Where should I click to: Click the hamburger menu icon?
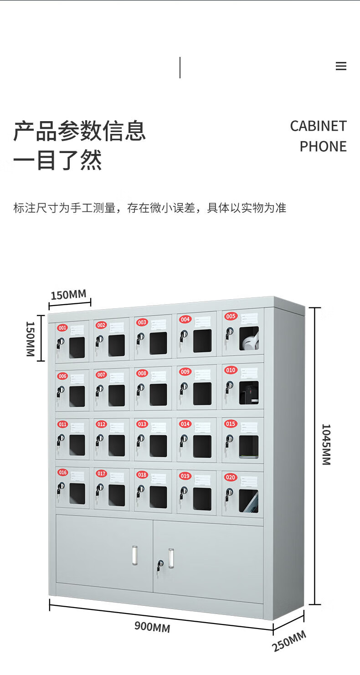click(341, 66)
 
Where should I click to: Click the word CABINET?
click(318, 126)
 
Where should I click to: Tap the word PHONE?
click(323, 147)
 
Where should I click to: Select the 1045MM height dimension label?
click(326, 445)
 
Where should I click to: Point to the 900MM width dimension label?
click(152, 627)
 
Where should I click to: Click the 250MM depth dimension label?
click(289, 641)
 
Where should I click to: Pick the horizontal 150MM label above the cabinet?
click(68, 295)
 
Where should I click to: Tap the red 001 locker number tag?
click(62, 327)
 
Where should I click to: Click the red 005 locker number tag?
click(231, 316)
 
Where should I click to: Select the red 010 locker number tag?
click(231, 370)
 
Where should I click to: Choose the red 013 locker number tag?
click(142, 424)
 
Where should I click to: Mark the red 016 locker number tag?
click(62, 473)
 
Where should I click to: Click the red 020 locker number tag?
click(231, 477)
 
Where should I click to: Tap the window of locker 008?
click(158, 394)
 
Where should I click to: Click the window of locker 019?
click(202, 499)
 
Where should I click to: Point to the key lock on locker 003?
click(140, 337)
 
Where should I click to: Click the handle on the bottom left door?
click(134, 556)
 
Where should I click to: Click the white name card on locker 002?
click(116, 327)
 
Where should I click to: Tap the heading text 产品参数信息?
click(79, 131)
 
